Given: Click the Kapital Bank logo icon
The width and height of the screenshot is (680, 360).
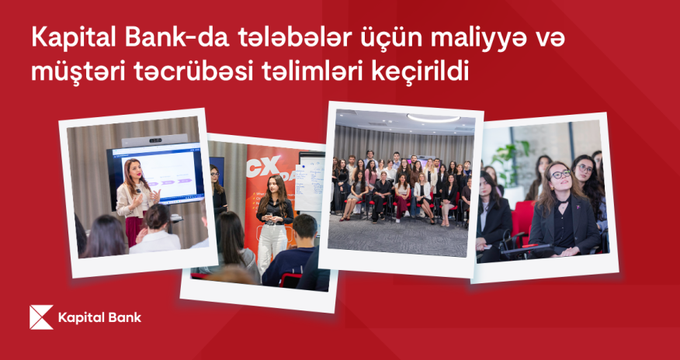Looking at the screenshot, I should pos(40,317).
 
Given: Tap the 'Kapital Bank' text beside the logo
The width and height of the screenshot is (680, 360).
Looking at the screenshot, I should pos(99,317).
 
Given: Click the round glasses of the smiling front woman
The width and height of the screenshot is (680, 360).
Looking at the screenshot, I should pos(560,175).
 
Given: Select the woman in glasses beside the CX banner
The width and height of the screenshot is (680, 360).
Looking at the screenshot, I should pos(217,190).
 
